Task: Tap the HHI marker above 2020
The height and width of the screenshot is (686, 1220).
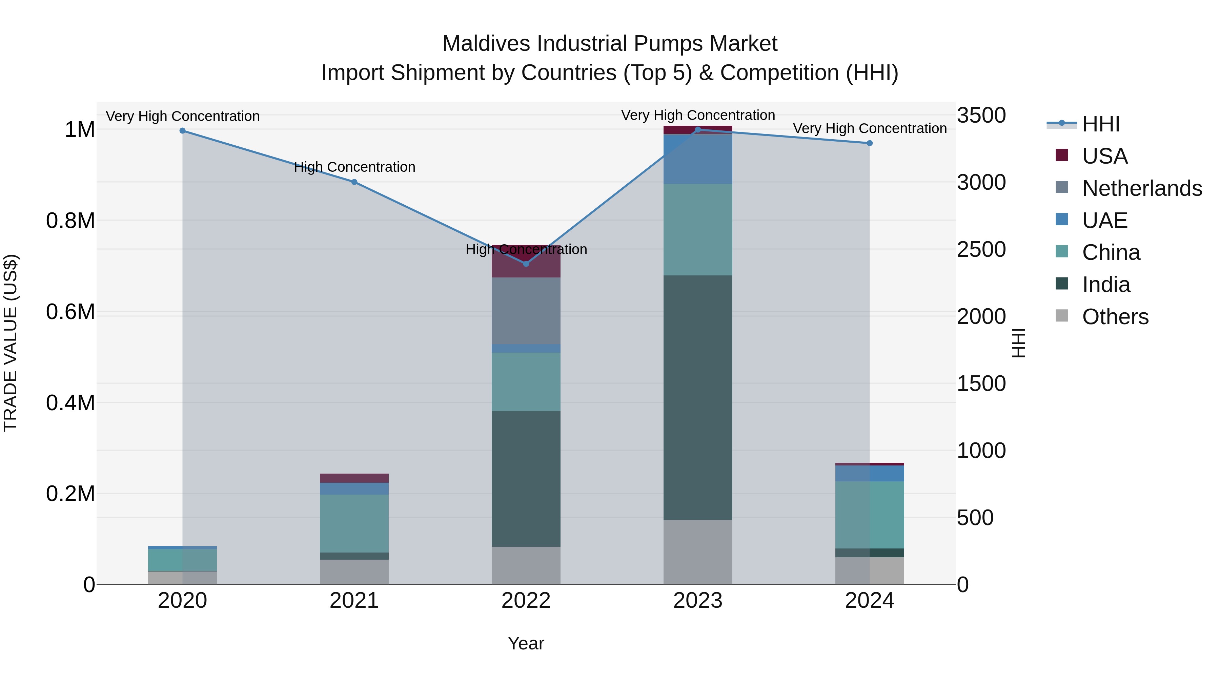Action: point(182,131)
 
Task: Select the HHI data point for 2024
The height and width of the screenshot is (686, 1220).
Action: point(870,143)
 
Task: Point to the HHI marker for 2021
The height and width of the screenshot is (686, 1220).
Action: point(354,182)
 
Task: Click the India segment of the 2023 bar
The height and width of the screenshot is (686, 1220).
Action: point(698,398)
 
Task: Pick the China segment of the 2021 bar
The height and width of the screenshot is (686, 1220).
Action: point(354,523)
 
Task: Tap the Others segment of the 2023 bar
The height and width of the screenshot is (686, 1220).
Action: point(698,552)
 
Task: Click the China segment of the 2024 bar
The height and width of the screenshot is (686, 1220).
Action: point(870,515)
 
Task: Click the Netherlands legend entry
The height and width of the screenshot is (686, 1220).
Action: point(1141,188)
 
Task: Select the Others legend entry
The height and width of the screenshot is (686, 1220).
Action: point(1115,317)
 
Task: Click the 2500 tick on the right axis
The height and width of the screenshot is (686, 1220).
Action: point(981,249)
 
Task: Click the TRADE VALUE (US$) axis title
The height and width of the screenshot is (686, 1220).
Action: point(11,343)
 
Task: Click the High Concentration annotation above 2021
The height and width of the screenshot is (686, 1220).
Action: point(354,167)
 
